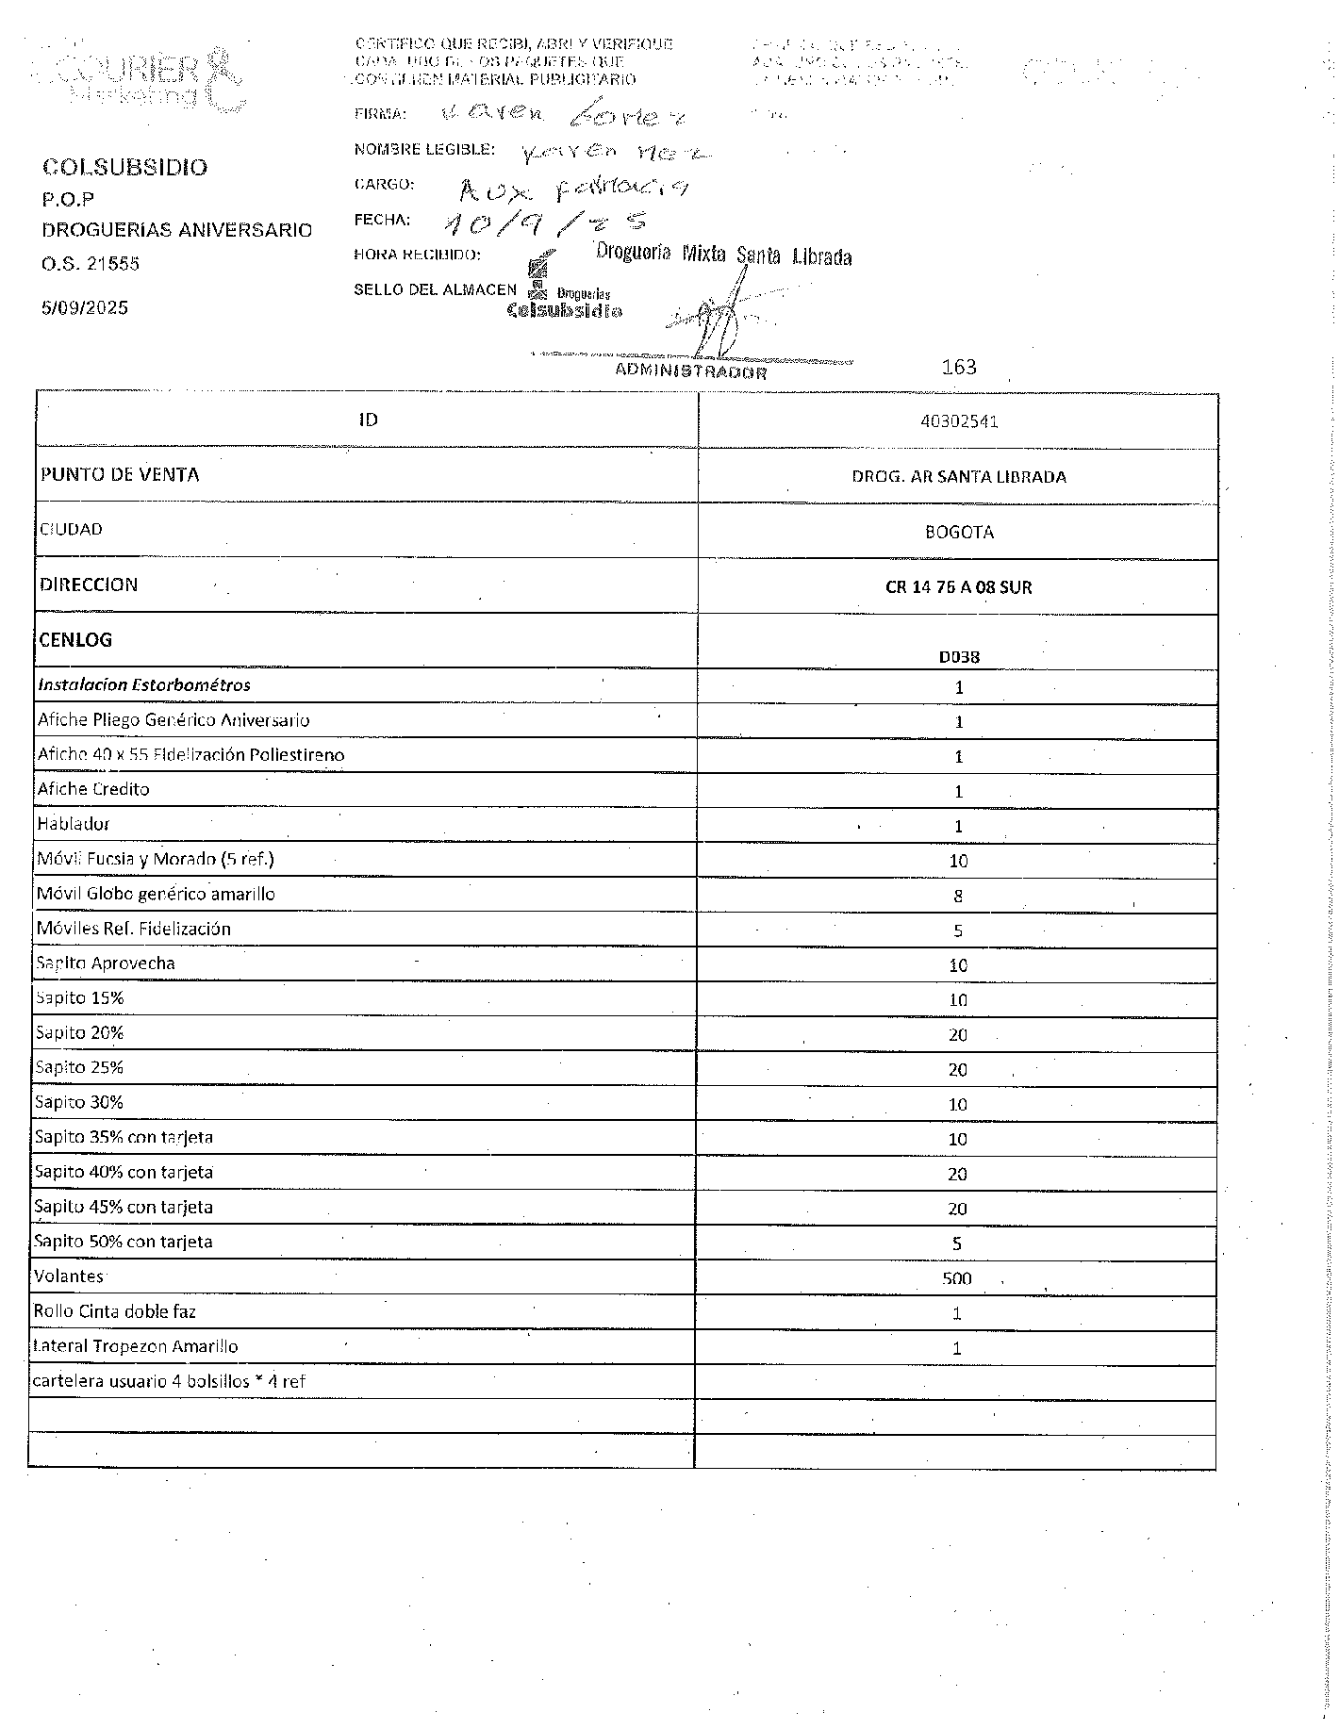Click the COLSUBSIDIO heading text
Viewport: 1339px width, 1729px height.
[x=124, y=167]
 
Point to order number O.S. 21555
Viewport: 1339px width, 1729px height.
[x=91, y=264]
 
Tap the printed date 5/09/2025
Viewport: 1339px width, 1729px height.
[x=85, y=308]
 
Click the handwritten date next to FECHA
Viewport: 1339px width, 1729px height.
[x=541, y=222]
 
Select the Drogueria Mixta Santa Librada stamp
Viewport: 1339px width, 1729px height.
[x=723, y=254]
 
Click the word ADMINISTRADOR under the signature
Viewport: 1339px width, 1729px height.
[x=690, y=370]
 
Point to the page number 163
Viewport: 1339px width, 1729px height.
[x=959, y=367]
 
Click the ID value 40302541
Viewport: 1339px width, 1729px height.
[x=958, y=421]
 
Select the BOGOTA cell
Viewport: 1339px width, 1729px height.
[x=958, y=532]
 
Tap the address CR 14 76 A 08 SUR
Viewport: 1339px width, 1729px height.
[x=958, y=587]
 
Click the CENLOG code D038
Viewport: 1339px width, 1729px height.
[x=958, y=657]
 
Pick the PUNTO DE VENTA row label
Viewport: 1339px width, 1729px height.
[x=120, y=474]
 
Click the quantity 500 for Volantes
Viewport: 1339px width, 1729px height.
[x=956, y=1279]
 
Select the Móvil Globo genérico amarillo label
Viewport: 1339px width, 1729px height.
[x=156, y=894]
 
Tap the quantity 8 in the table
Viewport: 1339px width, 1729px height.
[x=958, y=896]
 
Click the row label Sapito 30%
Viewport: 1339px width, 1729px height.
[x=79, y=1102]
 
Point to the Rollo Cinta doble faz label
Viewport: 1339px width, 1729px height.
[x=114, y=1311]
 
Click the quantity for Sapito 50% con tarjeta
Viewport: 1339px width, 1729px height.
[x=956, y=1243]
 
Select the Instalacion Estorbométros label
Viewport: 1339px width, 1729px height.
[x=144, y=685]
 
